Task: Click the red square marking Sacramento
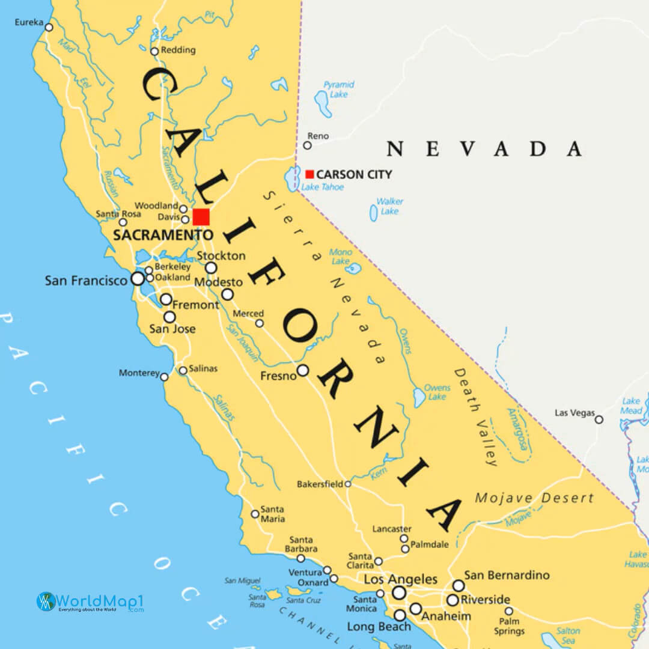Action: click(201, 217)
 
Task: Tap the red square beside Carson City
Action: click(309, 174)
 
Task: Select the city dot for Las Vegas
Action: click(599, 419)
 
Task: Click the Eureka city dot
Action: click(49, 27)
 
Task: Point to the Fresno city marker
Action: click(303, 370)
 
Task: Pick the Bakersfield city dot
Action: click(347, 484)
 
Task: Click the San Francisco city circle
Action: click(138, 279)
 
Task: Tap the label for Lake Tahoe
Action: click(323, 187)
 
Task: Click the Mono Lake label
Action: click(341, 257)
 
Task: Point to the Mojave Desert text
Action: click(534, 498)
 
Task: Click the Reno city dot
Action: click(307, 145)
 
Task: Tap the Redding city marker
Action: click(154, 51)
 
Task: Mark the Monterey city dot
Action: click(164, 377)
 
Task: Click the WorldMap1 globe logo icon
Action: click(46, 602)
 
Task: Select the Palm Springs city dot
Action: click(508, 611)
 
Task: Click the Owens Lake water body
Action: click(419, 397)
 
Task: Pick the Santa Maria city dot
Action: click(255, 514)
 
